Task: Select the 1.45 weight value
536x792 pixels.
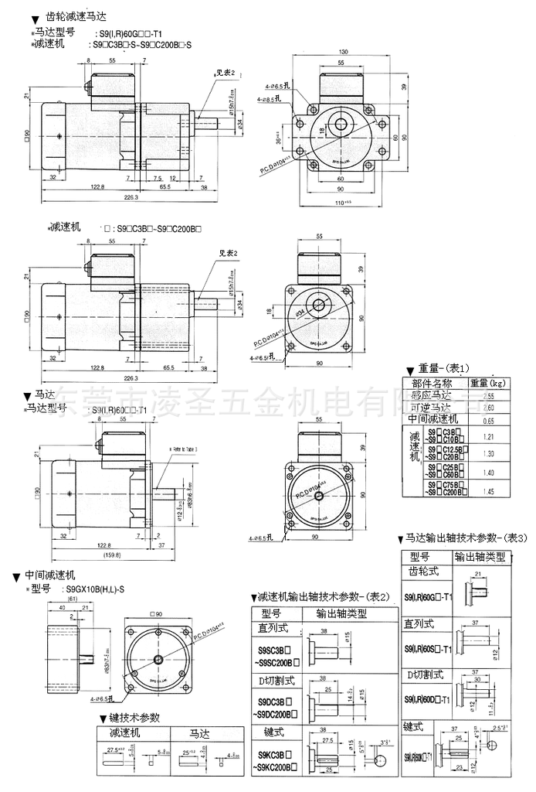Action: (487, 490)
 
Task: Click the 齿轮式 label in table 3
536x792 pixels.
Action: (422, 572)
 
